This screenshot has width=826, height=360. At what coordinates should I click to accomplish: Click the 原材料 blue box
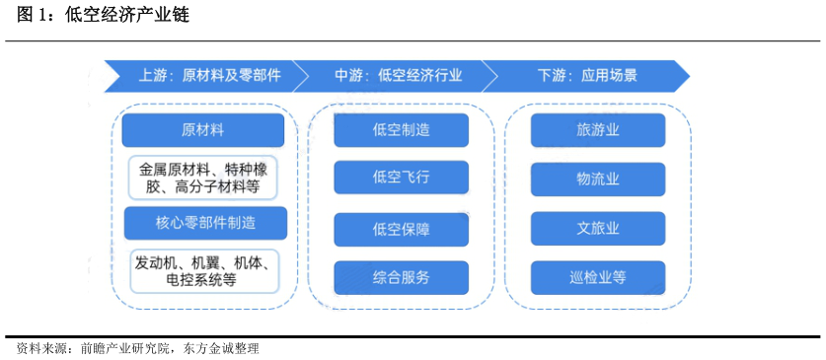(x=203, y=130)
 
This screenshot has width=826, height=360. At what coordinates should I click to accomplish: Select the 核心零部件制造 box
(x=205, y=223)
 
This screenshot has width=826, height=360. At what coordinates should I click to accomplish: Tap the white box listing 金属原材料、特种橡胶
(x=204, y=177)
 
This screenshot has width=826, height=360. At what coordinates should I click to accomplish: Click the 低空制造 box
(x=401, y=130)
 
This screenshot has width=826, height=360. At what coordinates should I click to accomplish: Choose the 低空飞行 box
(x=401, y=178)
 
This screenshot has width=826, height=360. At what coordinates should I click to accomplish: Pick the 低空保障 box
(x=401, y=230)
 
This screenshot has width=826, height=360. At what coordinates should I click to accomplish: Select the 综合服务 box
(x=401, y=277)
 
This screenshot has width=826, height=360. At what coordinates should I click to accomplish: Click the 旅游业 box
(x=597, y=130)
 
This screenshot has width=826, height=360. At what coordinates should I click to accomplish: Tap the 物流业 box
(x=597, y=179)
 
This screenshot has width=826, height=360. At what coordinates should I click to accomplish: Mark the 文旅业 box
(x=597, y=228)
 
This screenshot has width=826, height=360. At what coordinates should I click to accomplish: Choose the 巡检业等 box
(x=597, y=277)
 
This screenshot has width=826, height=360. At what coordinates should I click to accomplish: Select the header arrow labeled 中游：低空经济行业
(x=395, y=75)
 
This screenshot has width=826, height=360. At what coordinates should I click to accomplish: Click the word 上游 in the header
(x=151, y=75)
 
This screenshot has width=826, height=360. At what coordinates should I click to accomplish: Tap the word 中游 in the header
(x=347, y=75)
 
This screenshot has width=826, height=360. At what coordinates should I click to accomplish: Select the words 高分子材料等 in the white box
(x=216, y=186)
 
